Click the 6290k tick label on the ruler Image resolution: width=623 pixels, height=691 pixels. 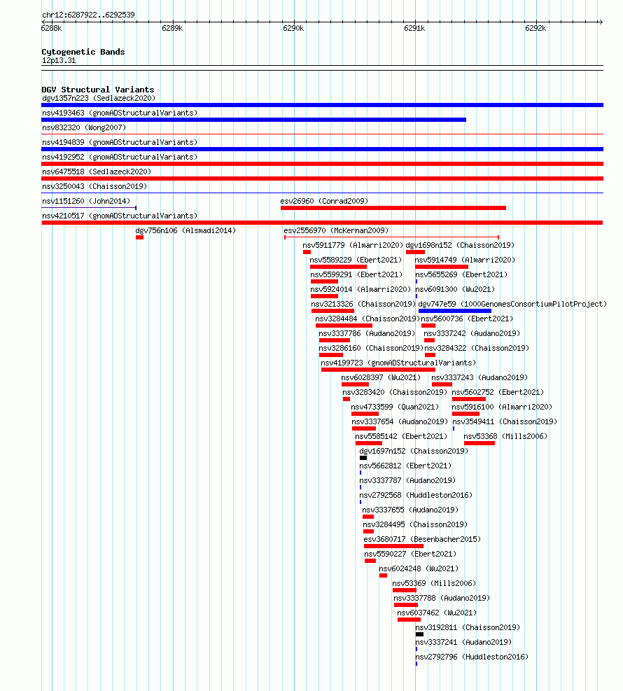(293, 28)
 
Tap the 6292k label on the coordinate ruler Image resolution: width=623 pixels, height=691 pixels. (535, 28)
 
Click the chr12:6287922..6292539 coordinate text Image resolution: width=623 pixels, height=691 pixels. (89, 15)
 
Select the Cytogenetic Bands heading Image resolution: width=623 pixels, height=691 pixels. (83, 52)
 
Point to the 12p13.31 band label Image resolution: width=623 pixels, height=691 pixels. (59, 60)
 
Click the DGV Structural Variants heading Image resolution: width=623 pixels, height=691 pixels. (98, 90)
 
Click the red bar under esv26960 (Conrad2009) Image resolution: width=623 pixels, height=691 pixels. (393, 208)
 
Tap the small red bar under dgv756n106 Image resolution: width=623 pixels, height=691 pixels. (140, 237)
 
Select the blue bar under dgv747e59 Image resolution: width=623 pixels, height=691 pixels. (455, 311)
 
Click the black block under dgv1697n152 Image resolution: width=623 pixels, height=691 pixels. (363, 458)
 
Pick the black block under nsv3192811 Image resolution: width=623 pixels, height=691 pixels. (419, 634)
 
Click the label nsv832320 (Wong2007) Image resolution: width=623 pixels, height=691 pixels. (84, 128)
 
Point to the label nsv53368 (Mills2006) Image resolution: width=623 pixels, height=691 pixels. (505, 436)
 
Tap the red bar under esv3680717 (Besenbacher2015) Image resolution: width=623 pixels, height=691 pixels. (393, 546)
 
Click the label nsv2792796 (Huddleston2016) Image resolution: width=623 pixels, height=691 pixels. (472, 657)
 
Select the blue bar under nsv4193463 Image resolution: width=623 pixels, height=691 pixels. (254, 120)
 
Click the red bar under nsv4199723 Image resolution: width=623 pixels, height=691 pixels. (378, 370)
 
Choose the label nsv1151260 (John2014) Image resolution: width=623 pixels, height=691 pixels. (86, 201)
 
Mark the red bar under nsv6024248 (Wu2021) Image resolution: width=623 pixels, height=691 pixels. (383, 575)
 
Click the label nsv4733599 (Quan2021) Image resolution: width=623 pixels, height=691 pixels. (395, 407)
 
